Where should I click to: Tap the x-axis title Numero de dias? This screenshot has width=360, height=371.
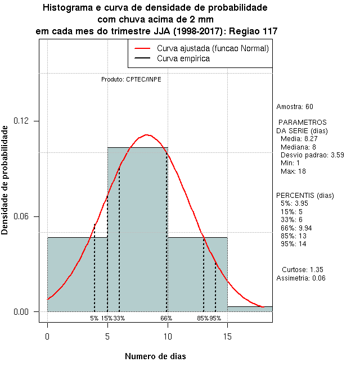155,356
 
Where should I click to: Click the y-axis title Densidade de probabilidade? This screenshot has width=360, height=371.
6,180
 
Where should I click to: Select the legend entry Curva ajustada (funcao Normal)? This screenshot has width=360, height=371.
213,49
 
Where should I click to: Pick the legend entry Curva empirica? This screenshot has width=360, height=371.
183,58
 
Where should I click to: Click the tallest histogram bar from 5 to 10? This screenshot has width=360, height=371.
137,236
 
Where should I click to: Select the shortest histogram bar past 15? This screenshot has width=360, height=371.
250,309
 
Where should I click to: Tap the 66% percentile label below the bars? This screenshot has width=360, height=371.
166,318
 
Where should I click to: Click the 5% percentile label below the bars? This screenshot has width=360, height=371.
94,318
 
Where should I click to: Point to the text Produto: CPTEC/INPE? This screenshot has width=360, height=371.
131,79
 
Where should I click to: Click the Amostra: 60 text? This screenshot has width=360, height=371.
295,107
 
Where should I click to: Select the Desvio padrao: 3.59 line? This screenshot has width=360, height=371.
312,155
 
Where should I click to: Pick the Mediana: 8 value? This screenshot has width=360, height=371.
298,147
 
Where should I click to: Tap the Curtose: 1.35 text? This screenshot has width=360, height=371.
302,269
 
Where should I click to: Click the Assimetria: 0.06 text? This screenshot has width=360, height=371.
301,278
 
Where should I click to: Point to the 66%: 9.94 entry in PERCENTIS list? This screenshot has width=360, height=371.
297,228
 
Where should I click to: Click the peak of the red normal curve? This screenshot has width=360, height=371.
147,135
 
